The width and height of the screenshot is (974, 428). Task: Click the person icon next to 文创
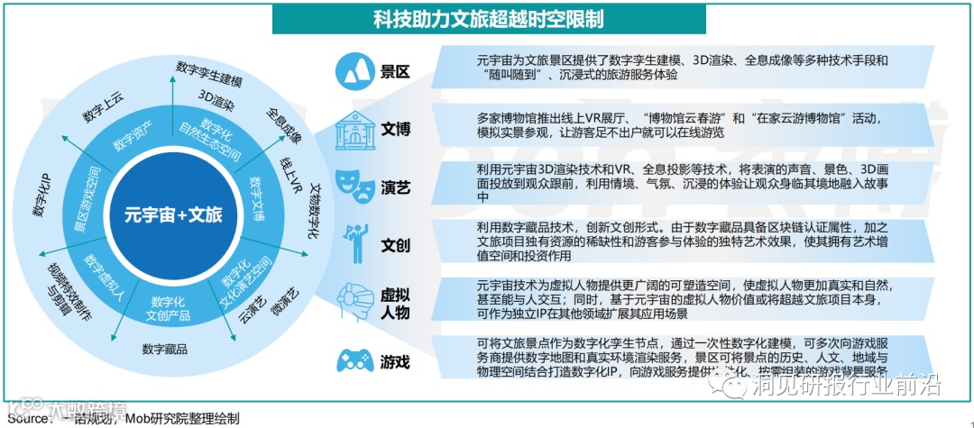pos(353,243)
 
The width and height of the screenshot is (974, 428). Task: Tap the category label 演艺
pos(396,187)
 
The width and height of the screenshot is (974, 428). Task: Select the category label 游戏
pos(396,362)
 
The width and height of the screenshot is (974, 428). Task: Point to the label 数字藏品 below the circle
pos(164,349)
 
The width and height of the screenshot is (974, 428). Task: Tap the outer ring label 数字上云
pos(103,105)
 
